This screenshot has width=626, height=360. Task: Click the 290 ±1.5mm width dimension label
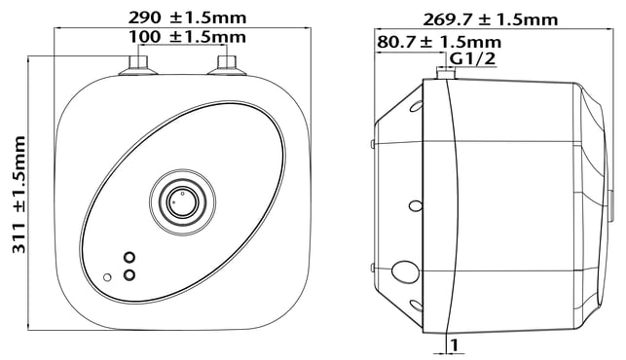tap(187, 18)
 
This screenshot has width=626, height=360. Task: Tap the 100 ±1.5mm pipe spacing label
tap(187, 37)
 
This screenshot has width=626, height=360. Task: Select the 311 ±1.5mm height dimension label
tap(19, 195)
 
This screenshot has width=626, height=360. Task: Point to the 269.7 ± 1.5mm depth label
tap(491, 19)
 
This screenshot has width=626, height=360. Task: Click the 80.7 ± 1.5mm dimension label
tap(439, 42)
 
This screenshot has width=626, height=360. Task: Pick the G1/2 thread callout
tap(473, 58)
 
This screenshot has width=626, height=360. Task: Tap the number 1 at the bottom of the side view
tap(454, 345)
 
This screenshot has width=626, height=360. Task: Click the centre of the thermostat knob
tap(182, 202)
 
